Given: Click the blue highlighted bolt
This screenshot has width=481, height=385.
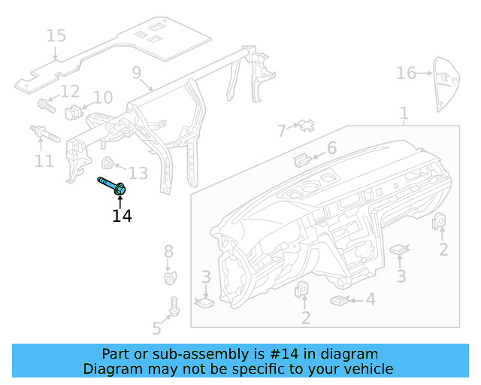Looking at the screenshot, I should point(113,186).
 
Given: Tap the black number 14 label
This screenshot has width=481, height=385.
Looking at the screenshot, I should point(122,217).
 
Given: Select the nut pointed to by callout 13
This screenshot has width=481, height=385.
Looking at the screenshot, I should point(107,162).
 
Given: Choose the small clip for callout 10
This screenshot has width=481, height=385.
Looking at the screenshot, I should point(74,113).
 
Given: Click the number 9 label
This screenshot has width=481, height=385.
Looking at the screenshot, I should point(137,73).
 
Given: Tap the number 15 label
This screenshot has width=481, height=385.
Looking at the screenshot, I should point(56,35).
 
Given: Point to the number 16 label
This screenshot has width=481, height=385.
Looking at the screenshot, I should point(406,73).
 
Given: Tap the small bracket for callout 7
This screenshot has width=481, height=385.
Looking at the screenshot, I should point(306,124).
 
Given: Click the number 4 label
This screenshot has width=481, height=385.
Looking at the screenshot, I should point(371,299).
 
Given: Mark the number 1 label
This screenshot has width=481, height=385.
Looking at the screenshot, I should point(404,114).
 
